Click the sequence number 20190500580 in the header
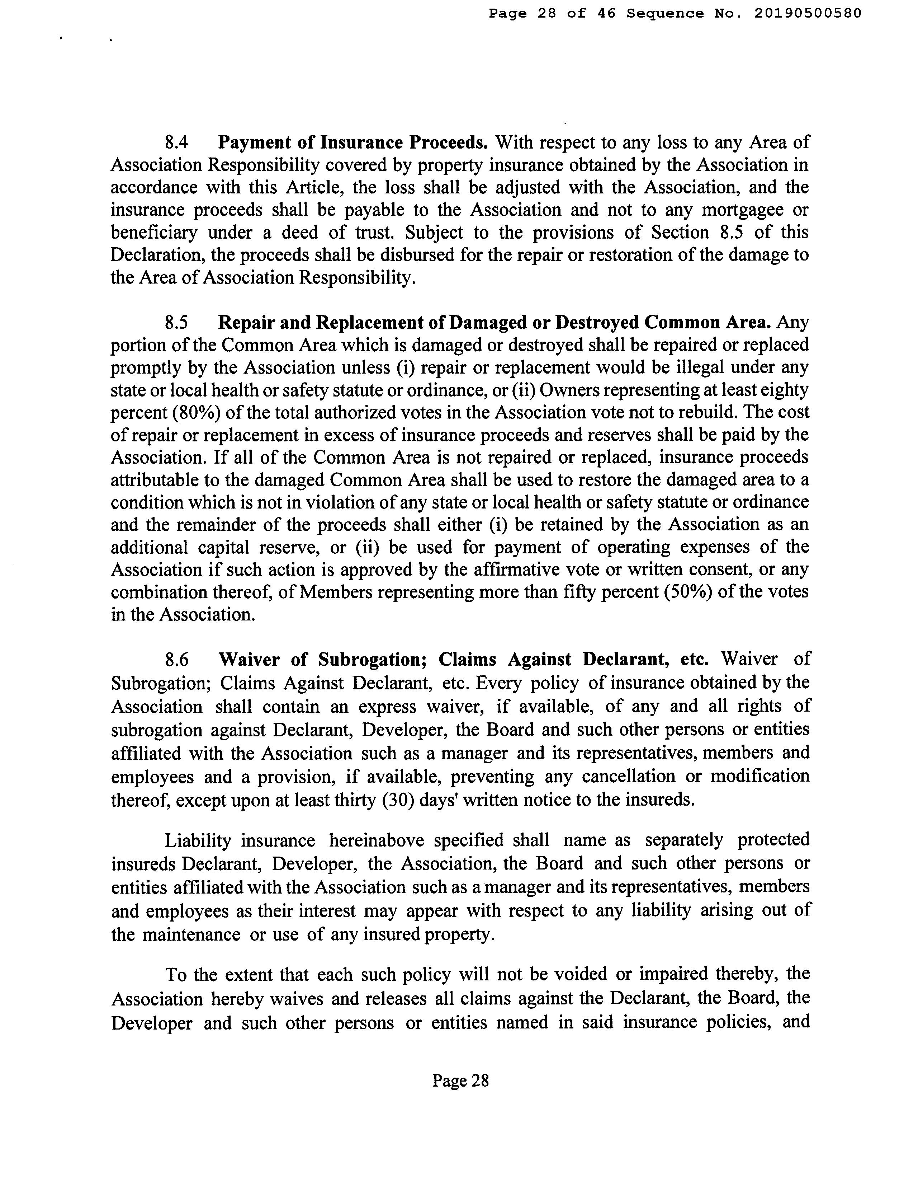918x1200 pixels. coord(807,13)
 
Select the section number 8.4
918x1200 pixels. coord(176,143)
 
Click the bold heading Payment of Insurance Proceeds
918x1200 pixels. coord(352,143)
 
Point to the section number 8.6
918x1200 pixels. coord(176,660)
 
